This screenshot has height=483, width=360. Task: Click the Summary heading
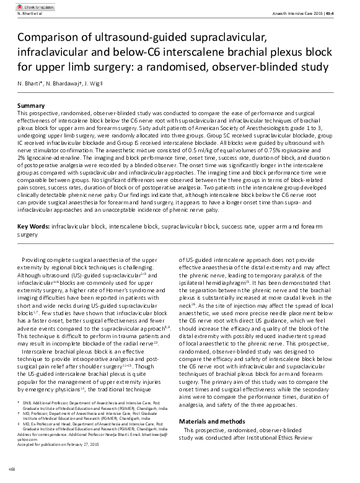click(31, 107)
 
